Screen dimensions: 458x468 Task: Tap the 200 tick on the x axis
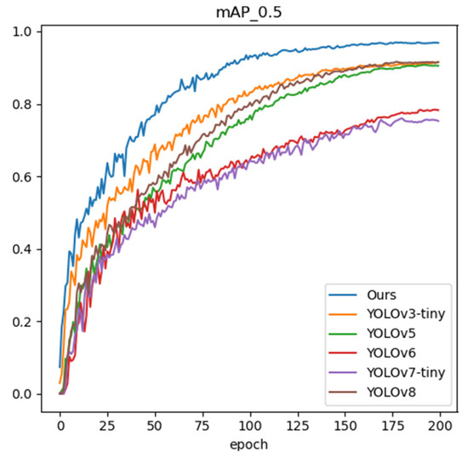(439, 423)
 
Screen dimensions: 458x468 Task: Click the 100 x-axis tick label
(250, 423)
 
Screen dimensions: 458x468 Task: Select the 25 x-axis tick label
(107, 423)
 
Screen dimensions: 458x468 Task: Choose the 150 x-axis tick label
(345, 423)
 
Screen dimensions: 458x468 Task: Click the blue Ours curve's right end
(438, 43)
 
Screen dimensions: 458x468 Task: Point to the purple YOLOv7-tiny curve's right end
(438, 121)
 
